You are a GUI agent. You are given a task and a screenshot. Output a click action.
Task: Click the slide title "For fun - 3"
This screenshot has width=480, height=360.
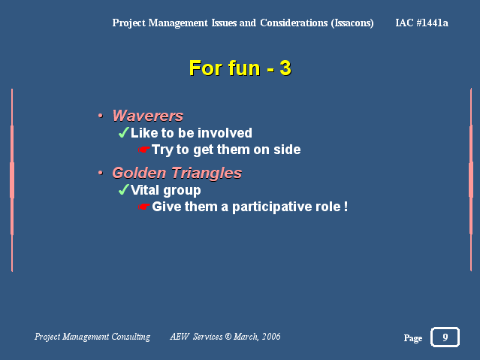pos(240,68)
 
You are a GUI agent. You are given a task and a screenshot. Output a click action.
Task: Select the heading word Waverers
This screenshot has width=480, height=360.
pos(148,116)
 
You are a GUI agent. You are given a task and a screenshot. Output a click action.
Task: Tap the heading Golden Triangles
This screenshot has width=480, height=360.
pos(177,174)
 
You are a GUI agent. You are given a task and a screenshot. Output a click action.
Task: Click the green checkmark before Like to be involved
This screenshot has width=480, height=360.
pos(123,133)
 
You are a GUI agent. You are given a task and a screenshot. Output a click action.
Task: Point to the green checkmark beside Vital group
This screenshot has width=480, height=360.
pos(123,189)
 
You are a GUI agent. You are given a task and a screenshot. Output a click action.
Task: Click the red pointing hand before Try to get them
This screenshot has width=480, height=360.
pos(144,150)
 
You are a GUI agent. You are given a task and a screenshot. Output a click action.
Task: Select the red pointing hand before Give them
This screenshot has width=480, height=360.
pos(144,207)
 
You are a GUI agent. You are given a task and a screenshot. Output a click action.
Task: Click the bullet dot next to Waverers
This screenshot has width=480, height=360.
pos(101,116)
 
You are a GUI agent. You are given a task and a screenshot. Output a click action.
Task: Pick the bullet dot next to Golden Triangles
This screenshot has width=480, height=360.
pos(101,173)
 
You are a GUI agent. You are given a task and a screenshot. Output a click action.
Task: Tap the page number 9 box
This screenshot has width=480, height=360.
pos(445,337)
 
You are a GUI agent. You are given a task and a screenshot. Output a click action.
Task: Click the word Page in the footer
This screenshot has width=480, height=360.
pos(413,338)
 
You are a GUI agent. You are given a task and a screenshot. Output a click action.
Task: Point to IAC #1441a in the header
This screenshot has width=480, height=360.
pos(422,23)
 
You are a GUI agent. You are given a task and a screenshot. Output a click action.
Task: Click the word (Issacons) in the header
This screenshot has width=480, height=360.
pos(352,23)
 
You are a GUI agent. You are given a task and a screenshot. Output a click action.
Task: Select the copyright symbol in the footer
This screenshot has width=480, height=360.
pos(228,337)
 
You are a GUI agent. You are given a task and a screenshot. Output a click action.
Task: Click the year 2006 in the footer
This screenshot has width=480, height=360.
pos(271,337)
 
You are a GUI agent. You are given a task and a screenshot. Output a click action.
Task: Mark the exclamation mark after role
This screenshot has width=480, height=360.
pos(346,207)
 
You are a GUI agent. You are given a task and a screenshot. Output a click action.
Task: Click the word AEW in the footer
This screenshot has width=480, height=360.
pos(180,337)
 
